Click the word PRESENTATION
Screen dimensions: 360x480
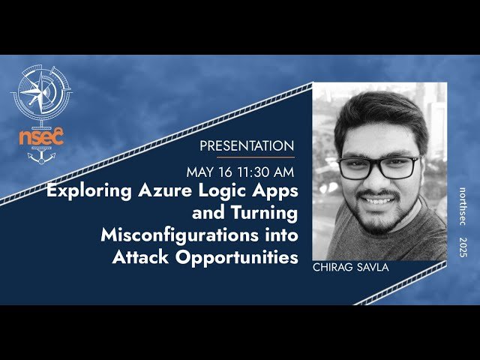[247, 145]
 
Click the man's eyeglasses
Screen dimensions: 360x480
[379, 166]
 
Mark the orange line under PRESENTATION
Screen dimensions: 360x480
[246, 157]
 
